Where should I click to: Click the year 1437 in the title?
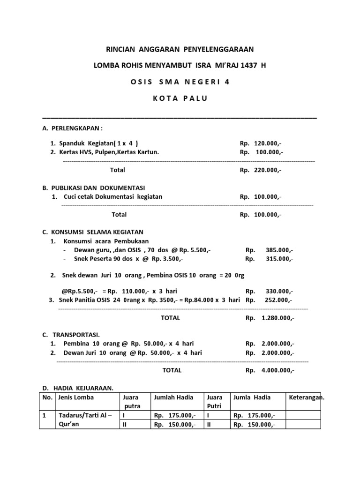247,65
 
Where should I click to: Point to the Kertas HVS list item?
109,152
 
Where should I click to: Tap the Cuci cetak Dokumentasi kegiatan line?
112,197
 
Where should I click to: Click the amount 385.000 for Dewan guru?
279,250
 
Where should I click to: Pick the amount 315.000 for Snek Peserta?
279,259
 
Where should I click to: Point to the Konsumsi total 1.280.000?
278,318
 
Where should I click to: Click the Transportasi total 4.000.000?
278,370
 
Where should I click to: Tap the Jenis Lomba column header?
76,397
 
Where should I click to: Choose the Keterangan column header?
307,397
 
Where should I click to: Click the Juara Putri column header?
215,402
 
